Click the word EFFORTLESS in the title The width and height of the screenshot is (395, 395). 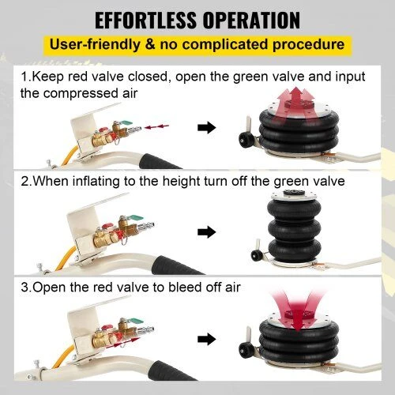(145, 20)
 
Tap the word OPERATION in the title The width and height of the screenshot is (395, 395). (252, 20)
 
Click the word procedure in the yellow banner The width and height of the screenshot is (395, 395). (308, 45)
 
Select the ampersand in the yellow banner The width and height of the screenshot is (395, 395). (150, 44)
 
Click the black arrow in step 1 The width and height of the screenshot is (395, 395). (207, 127)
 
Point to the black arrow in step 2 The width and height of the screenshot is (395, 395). (207, 231)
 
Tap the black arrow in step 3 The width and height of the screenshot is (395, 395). (207, 339)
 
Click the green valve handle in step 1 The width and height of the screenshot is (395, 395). (126, 122)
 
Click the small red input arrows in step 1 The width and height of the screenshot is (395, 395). (157, 127)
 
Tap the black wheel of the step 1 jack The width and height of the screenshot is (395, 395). (245, 140)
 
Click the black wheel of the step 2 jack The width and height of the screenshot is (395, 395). (256, 255)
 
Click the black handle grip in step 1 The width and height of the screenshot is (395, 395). (158, 162)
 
